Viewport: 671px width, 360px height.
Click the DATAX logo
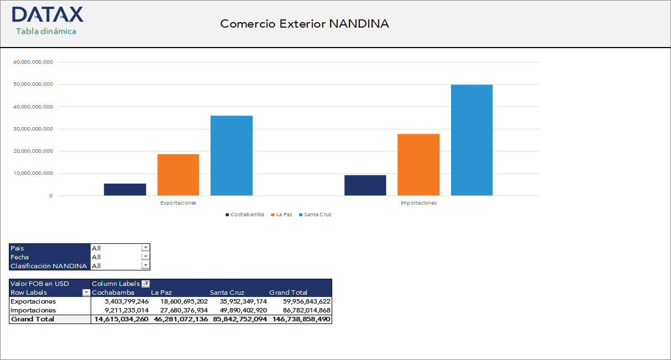pyautogui.click(x=47, y=15)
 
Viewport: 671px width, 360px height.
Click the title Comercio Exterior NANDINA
pyautogui.click(x=305, y=24)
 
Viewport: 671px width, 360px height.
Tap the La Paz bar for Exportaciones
pyautogui.click(x=178, y=175)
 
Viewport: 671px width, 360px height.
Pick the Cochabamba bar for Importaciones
pyautogui.click(x=365, y=185)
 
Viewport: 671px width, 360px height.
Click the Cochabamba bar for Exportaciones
pyautogui.click(x=125, y=189)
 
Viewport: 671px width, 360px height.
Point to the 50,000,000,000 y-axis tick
pyautogui.click(x=33, y=85)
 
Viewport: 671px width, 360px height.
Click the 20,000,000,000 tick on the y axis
pyautogui.click(x=33, y=151)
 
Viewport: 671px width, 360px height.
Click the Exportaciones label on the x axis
pyautogui.click(x=178, y=203)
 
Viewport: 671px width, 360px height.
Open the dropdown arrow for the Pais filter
pyautogui.click(x=145, y=248)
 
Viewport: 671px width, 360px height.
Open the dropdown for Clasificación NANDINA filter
pyautogui.click(x=145, y=266)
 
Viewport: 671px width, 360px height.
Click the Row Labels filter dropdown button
pyautogui.click(x=86, y=293)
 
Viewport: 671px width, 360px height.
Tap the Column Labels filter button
pyautogui.click(x=145, y=284)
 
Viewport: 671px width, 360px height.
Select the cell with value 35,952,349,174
pyautogui.click(x=238, y=301)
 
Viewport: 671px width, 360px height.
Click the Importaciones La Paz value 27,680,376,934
pyautogui.click(x=180, y=310)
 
